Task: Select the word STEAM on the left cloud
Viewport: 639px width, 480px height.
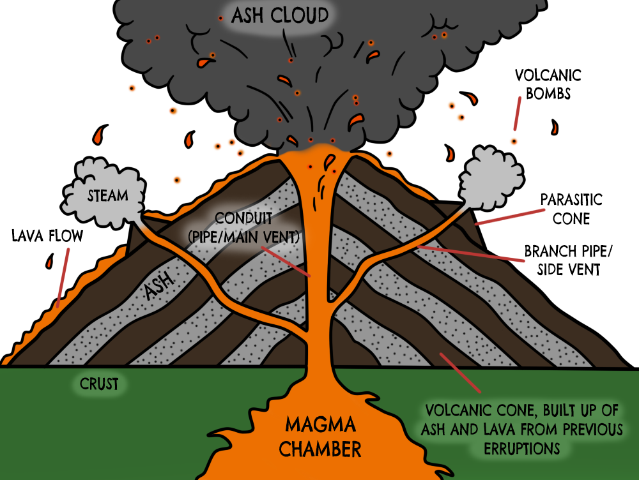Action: pos(107,196)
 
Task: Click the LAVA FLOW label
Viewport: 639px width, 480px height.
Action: pos(47,236)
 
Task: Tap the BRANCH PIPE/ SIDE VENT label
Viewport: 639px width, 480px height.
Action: pos(562,260)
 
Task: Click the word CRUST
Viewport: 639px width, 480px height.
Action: pos(99,384)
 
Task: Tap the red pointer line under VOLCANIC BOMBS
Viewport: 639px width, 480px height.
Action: pos(516,117)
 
